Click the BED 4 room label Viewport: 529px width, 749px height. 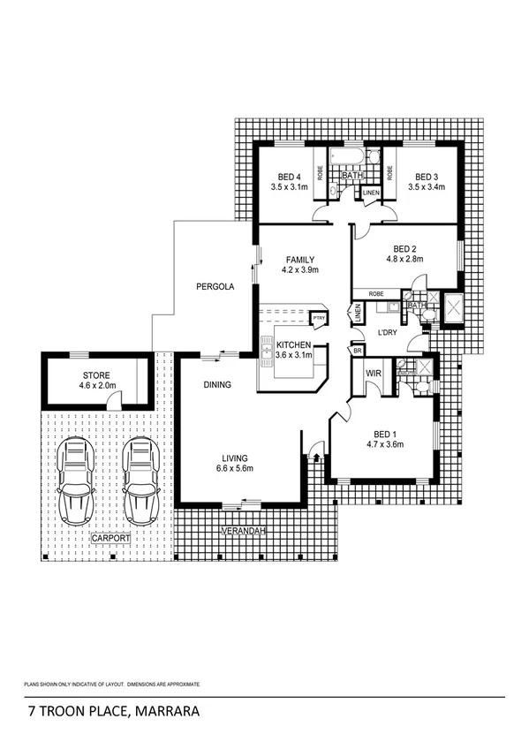pos(286,175)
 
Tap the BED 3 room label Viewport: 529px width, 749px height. pos(427,175)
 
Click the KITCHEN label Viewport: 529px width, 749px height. pos(293,344)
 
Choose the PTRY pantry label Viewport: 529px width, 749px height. pos(319,319)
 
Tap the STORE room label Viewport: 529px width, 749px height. pos(90,374)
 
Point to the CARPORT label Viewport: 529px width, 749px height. pos(110,537)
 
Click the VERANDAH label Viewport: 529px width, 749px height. pos(243,531)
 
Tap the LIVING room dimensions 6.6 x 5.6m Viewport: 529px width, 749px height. pos(234,468)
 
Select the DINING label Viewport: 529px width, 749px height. pos(217,385)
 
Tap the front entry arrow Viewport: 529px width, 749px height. pos(315,457)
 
